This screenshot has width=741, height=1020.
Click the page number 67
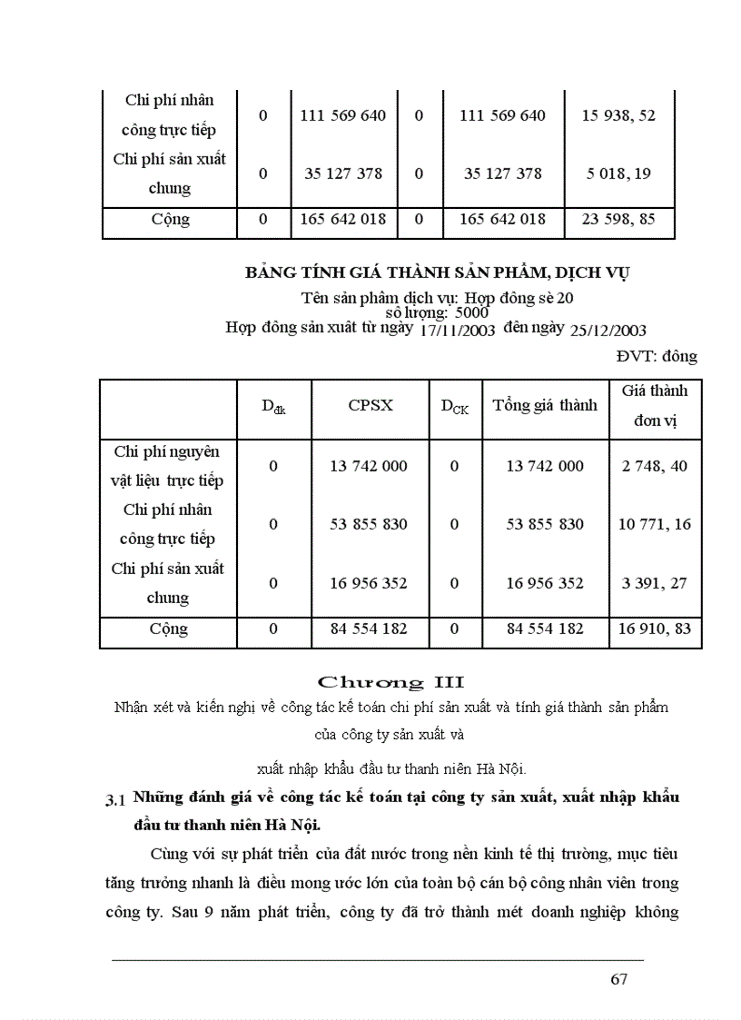(x=619, y=979)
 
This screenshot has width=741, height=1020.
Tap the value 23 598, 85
(x=618, y=219)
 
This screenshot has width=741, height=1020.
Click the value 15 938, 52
(x=618, y=115)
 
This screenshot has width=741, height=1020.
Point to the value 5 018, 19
(x=619, y=173)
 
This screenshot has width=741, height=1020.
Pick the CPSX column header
(x=370, y=405)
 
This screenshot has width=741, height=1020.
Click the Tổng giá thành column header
(x=545, y=405)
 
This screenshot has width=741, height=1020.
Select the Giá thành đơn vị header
(x=654, y=405)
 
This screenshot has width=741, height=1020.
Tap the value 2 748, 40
(x=654, y=466)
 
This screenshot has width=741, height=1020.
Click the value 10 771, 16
(x=654, y=524)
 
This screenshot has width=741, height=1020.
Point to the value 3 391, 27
(x=654, y=583)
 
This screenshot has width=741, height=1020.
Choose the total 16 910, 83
(x=654, y=629)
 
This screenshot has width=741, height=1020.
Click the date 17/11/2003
(x=457, y=331)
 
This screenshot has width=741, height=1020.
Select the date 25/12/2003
(x=608, y=331)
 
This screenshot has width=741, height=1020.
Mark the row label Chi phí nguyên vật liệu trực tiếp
(x=166, y=466)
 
